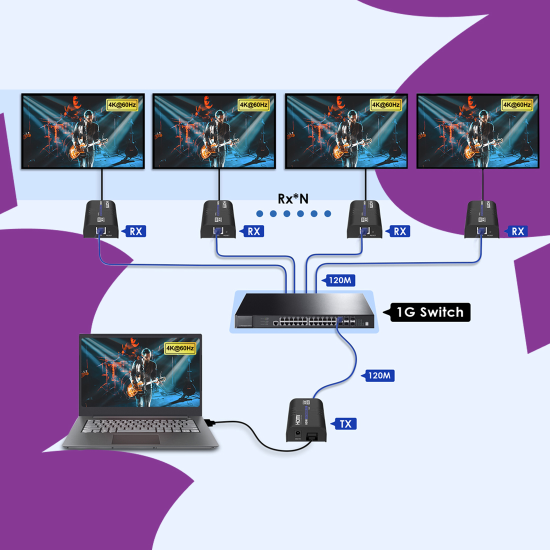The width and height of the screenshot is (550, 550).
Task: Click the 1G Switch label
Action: click(x=430, y=312)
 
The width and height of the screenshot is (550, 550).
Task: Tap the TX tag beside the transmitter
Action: click(x=345, y=424)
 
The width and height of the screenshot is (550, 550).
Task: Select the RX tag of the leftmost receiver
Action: click(x=135, y=231)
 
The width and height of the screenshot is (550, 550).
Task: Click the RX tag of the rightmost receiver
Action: click(x=517, y=231)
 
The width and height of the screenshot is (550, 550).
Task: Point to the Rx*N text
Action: click(x=293, y=198)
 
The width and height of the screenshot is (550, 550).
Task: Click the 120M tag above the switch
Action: click(x=340, y=280)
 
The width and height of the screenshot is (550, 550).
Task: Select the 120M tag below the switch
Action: click(x=379, y=375)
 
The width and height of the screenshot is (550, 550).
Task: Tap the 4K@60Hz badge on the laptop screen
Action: click(x=180, y=348)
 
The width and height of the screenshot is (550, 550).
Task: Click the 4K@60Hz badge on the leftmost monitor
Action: click(x=122, y=104)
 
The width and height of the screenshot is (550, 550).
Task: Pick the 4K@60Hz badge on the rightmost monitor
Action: click(x=517, y=104)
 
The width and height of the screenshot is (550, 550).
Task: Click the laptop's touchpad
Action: click(x=135, y=439)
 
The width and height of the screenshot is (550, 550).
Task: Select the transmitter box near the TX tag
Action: click(x=305, y=419)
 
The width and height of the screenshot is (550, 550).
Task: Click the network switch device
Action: click(x=304, y=311)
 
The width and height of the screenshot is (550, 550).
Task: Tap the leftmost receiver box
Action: click(x=100, y=219)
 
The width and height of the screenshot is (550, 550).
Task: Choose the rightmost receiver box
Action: click(x=482, y=219)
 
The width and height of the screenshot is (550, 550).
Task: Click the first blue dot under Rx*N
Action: click(x=259, y=213)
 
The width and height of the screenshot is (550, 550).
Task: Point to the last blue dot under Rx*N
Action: click(x=327, y=213)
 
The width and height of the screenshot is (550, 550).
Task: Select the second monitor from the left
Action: click(x=214, y=131)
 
